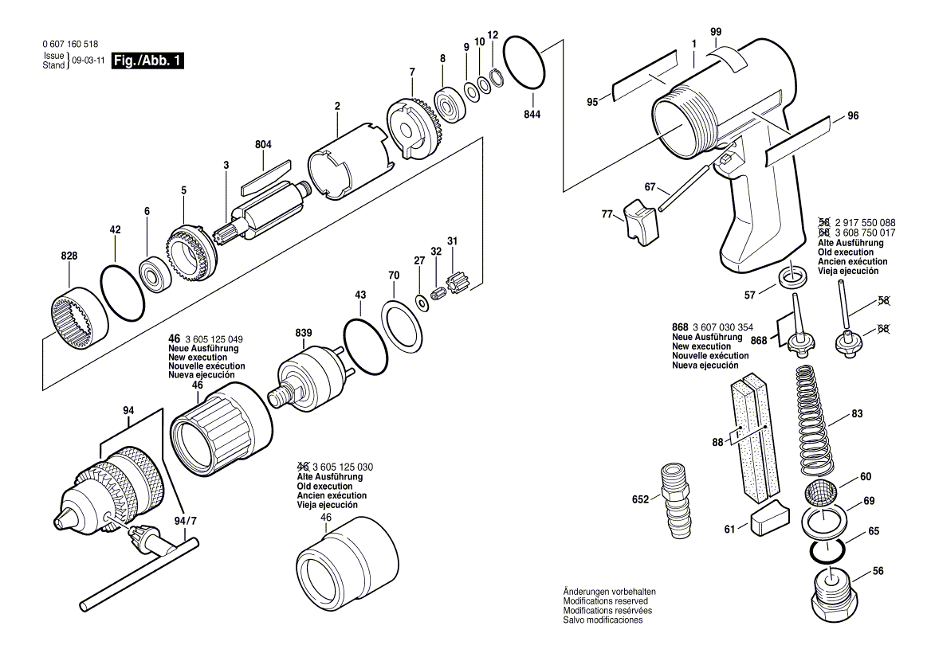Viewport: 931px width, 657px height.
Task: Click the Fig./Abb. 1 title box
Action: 148,61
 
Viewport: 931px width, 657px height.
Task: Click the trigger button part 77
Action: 639,221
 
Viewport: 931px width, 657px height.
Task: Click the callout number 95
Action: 592,101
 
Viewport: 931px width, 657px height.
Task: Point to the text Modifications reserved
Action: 606,601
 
